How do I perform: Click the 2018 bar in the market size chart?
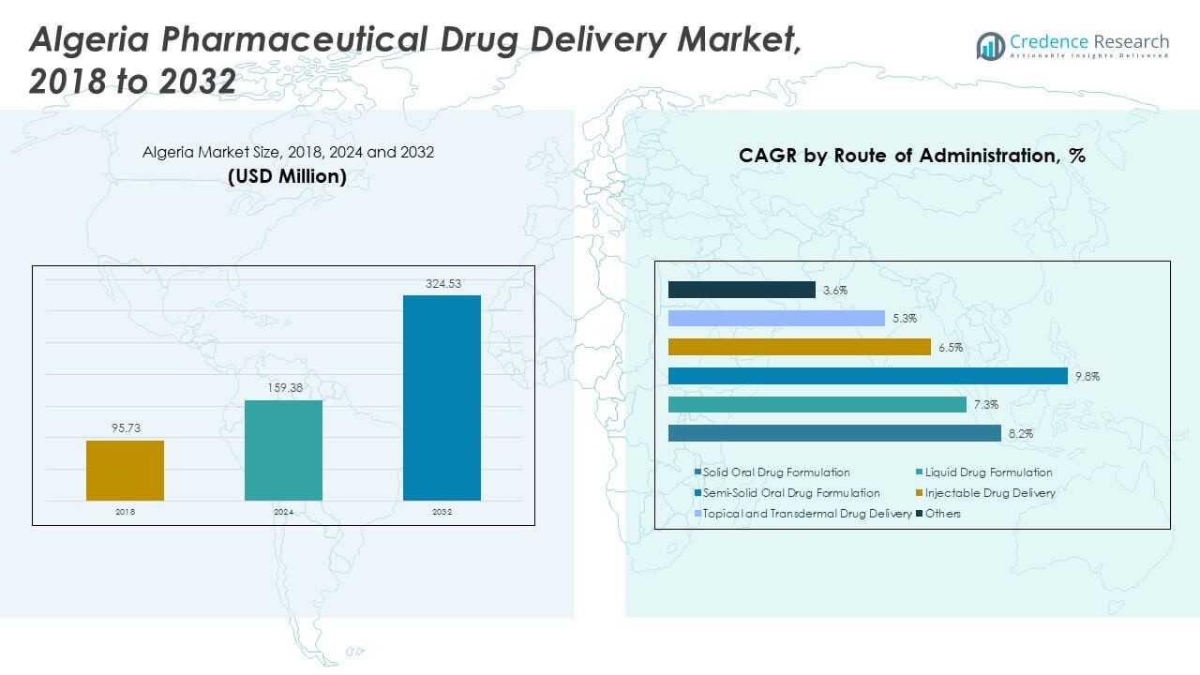tap(125, 470)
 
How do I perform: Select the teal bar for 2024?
tap(283, 450)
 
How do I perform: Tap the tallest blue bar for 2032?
tap(442, 397)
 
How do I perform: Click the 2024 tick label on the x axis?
tap(283, 513)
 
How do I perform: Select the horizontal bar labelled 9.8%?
tap(867, 376)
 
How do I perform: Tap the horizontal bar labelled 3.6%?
tap(742, 290)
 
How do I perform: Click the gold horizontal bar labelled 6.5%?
tap(799, 347)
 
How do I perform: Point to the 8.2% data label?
tap(1019, 433)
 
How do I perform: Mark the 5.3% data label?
tap(904, 319)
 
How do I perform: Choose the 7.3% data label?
tap(985, 405)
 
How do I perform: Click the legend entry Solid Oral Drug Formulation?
tap(776, 472)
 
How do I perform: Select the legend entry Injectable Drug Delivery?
tap(989, 493)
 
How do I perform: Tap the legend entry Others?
tap(943, 514)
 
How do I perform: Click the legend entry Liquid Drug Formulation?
tap(988, 472)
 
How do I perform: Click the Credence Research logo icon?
tap(991, 45)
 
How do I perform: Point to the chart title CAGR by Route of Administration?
tap(911, 157)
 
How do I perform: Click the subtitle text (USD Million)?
tap(288, 176)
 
